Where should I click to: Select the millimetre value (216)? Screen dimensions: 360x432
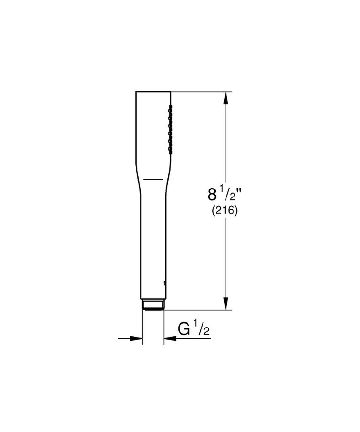coord(224,211)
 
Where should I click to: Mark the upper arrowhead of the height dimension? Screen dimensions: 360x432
coord(226,98)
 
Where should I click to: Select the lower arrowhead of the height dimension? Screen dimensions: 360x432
coord(226,303)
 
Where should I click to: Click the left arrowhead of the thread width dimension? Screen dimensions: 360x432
coord(136,338)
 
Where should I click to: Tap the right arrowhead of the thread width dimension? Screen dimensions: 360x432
coord(170,338)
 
